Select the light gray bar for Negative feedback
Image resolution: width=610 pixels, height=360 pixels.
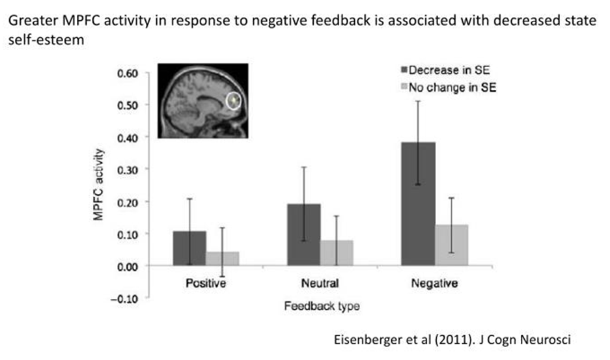coord(452,245)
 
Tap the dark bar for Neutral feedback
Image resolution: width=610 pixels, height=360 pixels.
coord(304,234)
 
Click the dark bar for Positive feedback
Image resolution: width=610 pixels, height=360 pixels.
coord(189,248)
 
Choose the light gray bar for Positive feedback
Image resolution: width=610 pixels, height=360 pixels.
coord(222,258)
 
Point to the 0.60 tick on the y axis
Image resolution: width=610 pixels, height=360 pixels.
coord(128,73)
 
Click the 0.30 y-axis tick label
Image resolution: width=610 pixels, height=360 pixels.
coord(128,169)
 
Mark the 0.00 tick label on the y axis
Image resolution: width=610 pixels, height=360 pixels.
coord(128,266)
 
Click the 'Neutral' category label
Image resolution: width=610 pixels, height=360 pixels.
coord(320,284)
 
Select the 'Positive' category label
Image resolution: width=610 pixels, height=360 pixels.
coord(205,284)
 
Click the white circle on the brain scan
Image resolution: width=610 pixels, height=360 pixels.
coord(234,101)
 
